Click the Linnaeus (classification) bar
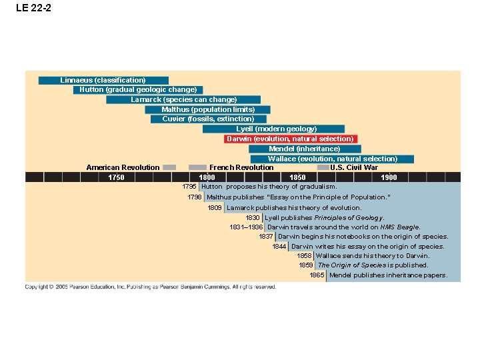pos(103,80)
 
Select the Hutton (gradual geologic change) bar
pos(138,89)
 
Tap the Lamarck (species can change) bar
pos(184,99)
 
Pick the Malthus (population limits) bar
pos(208,109)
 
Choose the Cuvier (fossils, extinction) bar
pos(208,119)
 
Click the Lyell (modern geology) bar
pos(277,129)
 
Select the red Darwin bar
pos(290,139)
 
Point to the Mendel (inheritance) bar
pos(305,149)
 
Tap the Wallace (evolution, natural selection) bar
pos(333,159)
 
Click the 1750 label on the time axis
pos(116,177)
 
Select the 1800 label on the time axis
pos(207,177)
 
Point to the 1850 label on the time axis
pos(298,177)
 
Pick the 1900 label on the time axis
pos(389,177)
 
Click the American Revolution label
pos(123,167)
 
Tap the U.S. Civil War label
pos(354,167)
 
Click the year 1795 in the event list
pos(189,187)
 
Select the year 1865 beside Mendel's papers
pos(317,275)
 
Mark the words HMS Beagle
pos(400,227)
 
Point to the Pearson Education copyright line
pos(151,287)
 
